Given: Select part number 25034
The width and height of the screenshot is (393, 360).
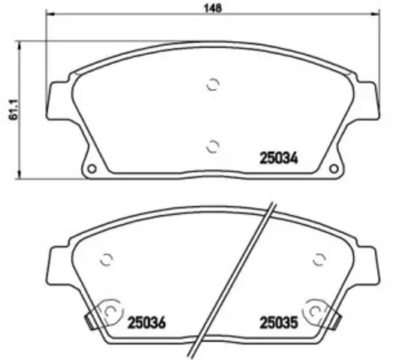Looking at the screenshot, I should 279,159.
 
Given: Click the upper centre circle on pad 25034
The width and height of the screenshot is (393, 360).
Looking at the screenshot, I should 212,85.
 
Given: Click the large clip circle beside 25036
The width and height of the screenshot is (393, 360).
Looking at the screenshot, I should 110,310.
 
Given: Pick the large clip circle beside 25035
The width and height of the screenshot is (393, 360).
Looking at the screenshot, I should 315,310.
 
